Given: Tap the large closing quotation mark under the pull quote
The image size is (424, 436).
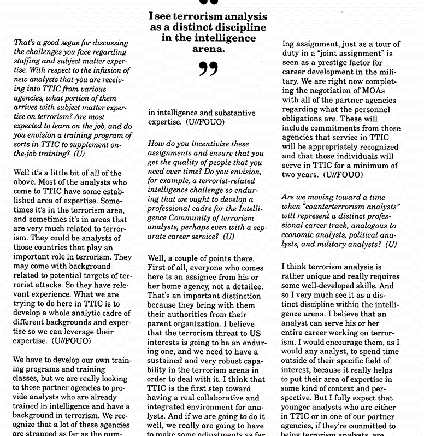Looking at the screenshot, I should pos(208,70).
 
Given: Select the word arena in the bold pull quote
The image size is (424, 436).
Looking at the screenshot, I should pos(209,50).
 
